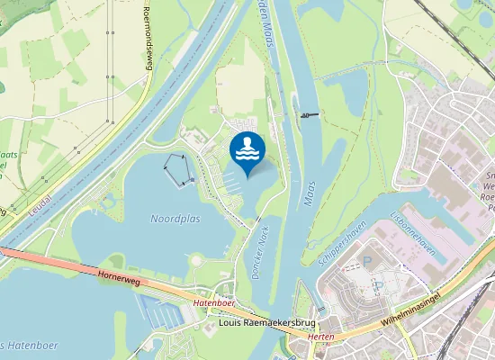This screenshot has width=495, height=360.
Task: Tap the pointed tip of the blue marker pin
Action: coord(247,177)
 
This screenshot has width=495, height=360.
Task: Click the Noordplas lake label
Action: coord(175,219)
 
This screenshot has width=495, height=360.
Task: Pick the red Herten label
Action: coord(321,336)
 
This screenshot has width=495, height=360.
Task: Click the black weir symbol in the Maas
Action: coord(310,114)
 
